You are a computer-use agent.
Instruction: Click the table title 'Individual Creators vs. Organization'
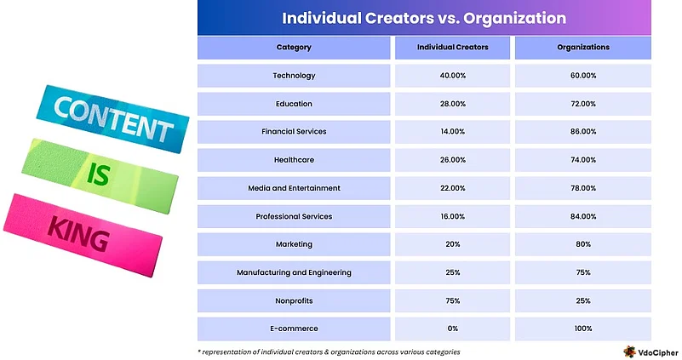tap(423, 18)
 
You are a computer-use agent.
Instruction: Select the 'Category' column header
tap(294, 47)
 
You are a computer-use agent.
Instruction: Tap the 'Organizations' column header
tap(584, 47)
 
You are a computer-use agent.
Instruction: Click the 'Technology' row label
tap(294, 76)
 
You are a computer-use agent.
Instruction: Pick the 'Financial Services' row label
tap(294, 132)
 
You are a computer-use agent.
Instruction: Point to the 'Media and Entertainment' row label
tap(294, 188)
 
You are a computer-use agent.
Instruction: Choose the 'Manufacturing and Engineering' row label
tap(294, 272)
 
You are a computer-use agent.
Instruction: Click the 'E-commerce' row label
tap(294, 329)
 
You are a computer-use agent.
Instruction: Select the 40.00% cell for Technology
tap(452, 76)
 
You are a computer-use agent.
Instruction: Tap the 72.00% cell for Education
tap(584, 104)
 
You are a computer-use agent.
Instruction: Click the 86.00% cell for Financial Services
tap(584, 132)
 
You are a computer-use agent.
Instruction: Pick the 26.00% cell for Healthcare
tap(452, 160)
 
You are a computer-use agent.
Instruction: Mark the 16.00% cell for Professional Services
tap(452, 216)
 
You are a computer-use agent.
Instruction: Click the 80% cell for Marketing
tap(584, 244)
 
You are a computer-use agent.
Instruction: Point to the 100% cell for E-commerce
tap(584, 329)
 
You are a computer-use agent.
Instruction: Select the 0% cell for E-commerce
tap(452, 329)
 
